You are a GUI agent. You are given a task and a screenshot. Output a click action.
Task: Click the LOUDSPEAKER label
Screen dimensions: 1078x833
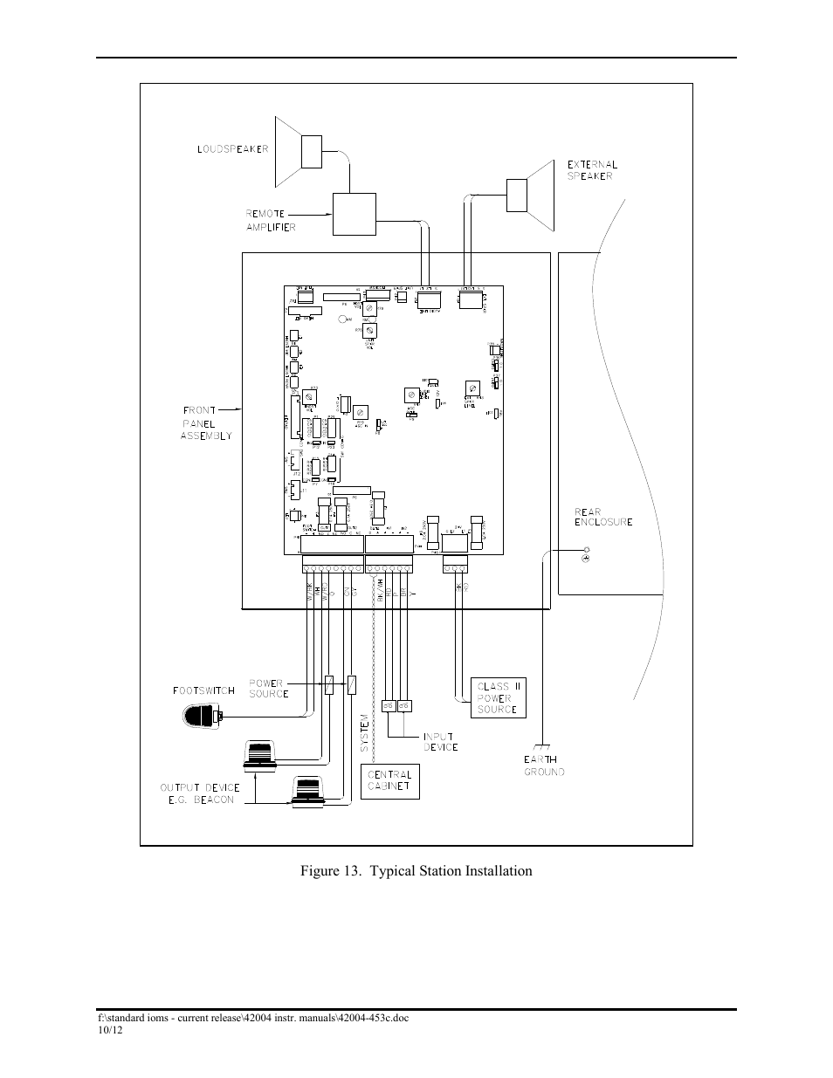point(232,149)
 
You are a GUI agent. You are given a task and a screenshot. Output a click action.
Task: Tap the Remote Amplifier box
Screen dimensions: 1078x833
point(354,214)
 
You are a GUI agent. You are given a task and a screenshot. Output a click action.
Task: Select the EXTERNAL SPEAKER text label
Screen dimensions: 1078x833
point(592,170)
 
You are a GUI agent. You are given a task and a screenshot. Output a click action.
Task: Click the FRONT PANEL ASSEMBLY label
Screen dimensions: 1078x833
point(206,422)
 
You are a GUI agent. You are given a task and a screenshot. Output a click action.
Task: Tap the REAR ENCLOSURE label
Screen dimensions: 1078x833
point(602,517)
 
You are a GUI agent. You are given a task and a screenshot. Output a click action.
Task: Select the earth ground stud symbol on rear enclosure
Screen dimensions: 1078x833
point(586,557)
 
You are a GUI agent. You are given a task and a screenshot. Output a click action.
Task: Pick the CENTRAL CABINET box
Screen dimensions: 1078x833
point(389,780)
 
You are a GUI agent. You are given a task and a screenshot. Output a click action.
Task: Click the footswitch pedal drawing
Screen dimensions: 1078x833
point(203,717)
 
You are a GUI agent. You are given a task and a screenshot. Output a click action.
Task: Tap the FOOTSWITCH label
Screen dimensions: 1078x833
point(203,690)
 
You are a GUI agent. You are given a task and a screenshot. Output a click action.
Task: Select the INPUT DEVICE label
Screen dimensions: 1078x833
point(440,741)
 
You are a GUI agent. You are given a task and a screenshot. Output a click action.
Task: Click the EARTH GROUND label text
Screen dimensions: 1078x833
point(544,766)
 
